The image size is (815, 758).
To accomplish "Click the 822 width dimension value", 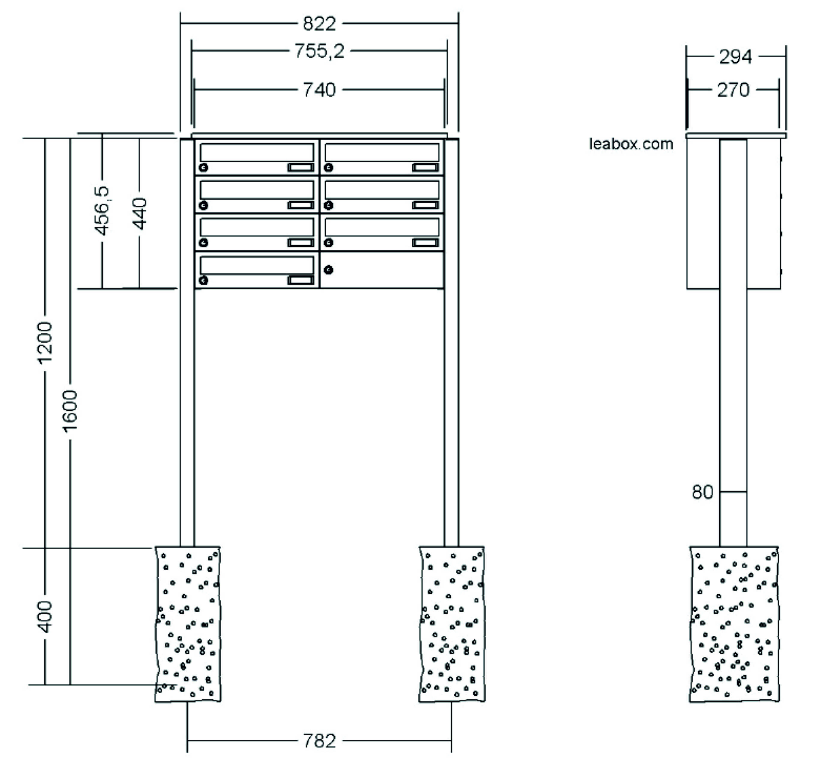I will pos(319,24).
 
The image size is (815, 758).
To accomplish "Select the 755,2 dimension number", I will pos(319,51).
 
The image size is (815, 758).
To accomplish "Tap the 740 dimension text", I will pos(319,90).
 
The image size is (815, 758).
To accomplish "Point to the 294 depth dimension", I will pos(736,57).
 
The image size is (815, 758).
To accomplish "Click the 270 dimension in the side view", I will pos(733,90).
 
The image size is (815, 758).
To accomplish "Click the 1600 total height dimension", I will pos(70,411).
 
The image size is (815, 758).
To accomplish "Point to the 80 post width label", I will pos(702,492).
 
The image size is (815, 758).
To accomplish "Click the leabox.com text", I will pos(631,144).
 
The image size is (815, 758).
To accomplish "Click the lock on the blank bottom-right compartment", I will pos(328,270).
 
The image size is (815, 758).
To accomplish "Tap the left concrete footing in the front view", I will pos(188,624).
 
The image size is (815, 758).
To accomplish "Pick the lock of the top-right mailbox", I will pos(328,167).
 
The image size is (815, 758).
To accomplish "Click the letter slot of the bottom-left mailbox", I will pos(257,265).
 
